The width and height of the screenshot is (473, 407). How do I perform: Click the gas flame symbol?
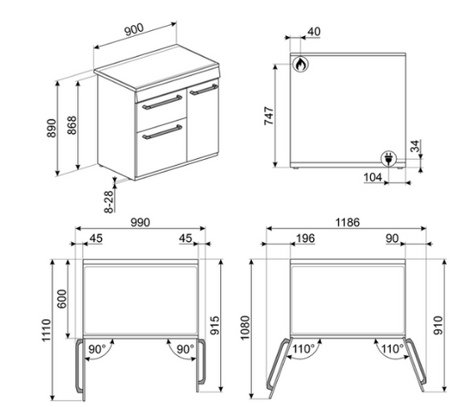[x=301, y=64]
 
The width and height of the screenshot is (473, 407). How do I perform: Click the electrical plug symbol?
[x=388, y=158]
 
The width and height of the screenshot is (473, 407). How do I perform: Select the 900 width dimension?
[x=134, y=29]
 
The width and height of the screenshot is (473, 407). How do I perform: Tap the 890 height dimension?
[x=52, y=128]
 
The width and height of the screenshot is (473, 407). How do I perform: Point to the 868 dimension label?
[x=72, y=125]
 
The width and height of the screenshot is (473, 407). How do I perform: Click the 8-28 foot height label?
[x=109, y=202]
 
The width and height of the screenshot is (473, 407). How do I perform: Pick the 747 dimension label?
[x=269, y=116]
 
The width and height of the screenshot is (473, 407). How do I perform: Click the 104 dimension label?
[x=373, y=177]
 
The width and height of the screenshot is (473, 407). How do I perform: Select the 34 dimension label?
[x=415, y=146]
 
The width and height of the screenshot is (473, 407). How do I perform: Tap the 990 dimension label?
[x=141, y=223]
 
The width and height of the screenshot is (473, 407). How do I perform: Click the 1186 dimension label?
[x=347, y=223]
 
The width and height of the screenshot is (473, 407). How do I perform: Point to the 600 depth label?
[x=62, y=299]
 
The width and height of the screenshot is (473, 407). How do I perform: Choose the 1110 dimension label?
[x=46, y=330]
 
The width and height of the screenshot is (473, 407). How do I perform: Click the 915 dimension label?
[x=215, y=325]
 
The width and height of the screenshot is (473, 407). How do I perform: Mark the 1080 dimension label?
[x=245, y=327]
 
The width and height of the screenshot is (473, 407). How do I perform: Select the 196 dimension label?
[x=306, y=239]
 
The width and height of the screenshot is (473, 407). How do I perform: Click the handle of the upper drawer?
[x=162, y=102]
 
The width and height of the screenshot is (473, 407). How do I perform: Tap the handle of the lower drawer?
[x=162, y=131]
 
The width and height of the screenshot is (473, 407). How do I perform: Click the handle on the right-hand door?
[x=203, y=90]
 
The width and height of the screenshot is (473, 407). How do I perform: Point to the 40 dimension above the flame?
[x=314, y=31]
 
